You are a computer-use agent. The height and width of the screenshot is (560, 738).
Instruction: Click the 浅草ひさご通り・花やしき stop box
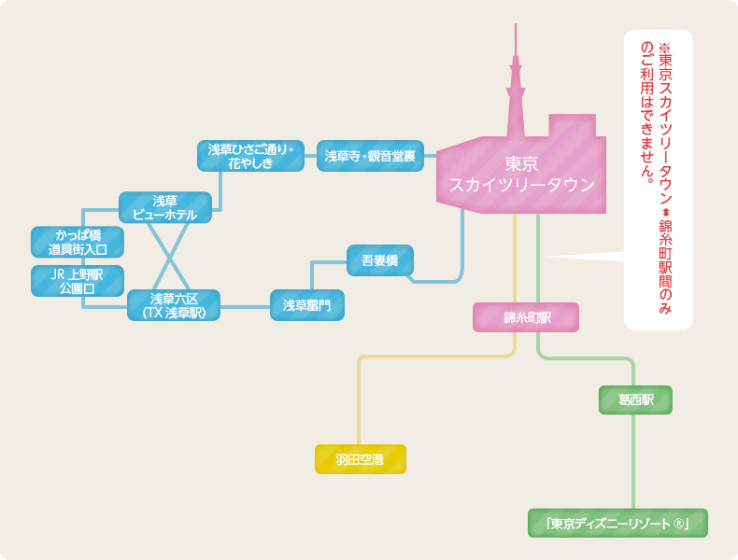(250, 156)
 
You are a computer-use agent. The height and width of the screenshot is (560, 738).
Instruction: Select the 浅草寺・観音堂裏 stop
(370, 156)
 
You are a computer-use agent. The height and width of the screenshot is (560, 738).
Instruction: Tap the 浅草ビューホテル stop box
(164, 207)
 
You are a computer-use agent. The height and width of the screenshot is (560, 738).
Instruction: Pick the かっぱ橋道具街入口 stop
(78, 242)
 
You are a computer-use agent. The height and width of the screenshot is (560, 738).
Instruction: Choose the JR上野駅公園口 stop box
(78, 281)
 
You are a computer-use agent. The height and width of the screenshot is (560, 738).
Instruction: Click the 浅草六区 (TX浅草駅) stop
(174, 305)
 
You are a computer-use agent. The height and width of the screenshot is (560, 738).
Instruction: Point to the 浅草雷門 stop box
(307, 305)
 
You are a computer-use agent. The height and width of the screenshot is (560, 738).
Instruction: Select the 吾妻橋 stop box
(380, 260)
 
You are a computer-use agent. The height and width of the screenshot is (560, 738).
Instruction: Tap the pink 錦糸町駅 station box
(526, 317)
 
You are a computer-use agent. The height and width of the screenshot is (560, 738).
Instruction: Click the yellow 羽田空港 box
(361, 459)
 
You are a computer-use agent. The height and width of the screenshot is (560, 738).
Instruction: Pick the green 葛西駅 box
(635, 399)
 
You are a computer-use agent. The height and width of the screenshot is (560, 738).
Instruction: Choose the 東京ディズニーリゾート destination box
(617, 524)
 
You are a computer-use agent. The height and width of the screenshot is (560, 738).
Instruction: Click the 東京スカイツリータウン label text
(521, 175)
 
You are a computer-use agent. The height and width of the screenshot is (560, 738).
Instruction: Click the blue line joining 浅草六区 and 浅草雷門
(245, 306)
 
